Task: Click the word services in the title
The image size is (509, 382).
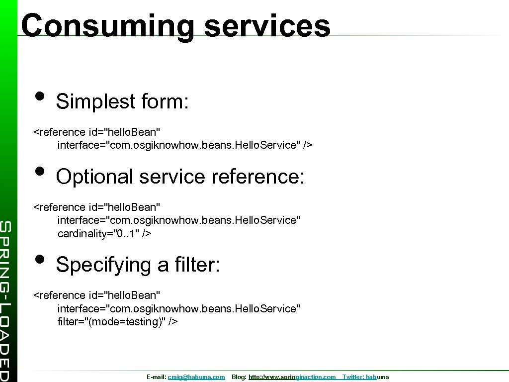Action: [x=267, y=26]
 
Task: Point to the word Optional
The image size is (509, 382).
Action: [x=95, y=177]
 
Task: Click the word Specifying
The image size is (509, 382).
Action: [x=103, y=265]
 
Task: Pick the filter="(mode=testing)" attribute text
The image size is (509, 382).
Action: [x=117, y=321]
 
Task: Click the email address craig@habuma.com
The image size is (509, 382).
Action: [x=196, y=377]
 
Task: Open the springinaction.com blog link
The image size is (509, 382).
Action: [x=292, y=377]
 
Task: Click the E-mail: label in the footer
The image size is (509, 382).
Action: [x=157, y=377]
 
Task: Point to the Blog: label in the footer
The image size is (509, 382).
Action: [x=239, y=377]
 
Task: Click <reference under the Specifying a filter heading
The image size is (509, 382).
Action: [x=59, y=295]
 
